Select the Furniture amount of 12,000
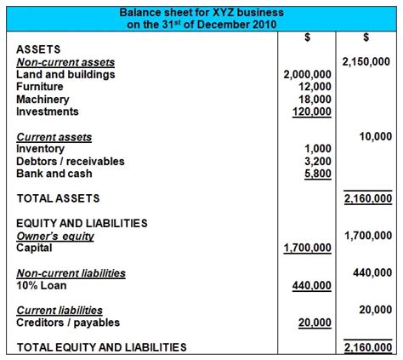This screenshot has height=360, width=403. tap(315, 87)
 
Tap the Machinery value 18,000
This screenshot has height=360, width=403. tap(315, 100)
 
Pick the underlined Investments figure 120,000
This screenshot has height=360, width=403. tap(311, 111)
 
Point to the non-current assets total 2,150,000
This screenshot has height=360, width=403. tap(366, 62)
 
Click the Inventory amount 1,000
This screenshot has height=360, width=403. tap(318, 149)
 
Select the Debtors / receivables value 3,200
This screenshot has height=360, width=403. tap(318, 161)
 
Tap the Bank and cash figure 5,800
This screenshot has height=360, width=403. tap(318, 173)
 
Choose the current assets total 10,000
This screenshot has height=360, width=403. tap(374, 136)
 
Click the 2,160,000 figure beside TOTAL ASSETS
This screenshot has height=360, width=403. tap(368, 198)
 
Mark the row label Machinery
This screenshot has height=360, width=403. tap(43, 100)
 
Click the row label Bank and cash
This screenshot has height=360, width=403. tap(54, 173)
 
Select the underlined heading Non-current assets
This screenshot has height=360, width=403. tap(65, 62)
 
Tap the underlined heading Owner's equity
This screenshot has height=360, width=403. tap(55, 237)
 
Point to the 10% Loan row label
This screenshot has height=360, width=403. tap(43, 286)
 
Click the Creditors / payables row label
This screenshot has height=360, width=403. tap(68, 323)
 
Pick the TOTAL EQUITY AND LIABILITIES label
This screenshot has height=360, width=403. tap(101, 347)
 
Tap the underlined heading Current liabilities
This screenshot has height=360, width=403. tap(60, 311)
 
